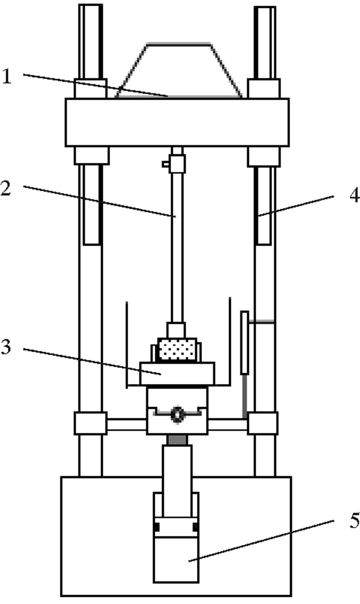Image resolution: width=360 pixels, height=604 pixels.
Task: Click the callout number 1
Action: pos(7,76)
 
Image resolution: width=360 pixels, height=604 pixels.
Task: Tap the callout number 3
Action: pos(7,347)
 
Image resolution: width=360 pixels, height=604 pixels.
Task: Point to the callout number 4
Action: pos(354,196)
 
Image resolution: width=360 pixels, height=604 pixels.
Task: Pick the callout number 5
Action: pos(354,521)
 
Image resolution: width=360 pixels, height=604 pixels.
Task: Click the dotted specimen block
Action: pos(177,350)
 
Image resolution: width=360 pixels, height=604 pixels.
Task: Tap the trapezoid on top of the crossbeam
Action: pos(178,70)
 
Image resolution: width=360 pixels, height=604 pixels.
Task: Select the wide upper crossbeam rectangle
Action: pos(177,122)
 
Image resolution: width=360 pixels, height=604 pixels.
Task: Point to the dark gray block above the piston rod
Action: pos(177,439)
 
